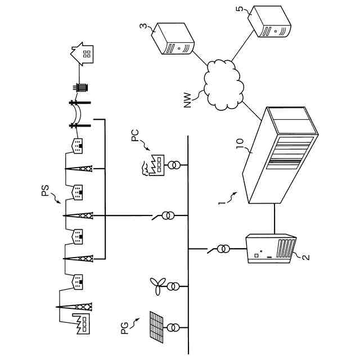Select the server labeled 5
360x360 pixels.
click(x=270, y=22)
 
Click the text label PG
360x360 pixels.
click(x=125, y=326)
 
